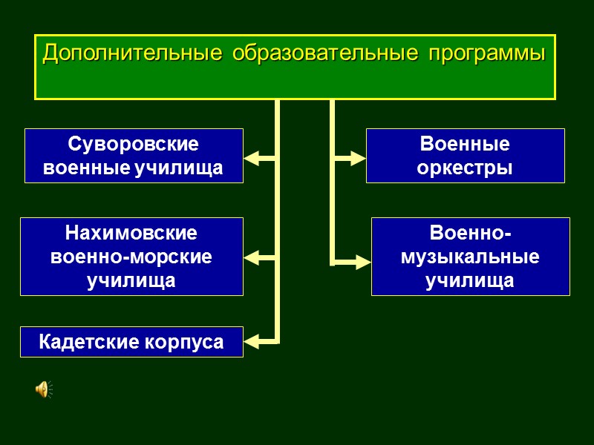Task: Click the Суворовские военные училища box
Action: coord(134,156)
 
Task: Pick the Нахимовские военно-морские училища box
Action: coord(131,257)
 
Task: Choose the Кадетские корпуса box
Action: coord(131,342)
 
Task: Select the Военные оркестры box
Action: coord(465,156)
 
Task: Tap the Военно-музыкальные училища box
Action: coord(470,257)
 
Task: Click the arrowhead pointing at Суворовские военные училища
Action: coord(252,158)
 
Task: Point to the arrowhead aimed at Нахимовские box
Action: coord(252,258)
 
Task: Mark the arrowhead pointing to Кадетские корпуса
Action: coord(252,342)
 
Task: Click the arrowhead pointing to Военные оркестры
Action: coord(358,158)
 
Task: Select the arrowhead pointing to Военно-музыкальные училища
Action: coord(362,262)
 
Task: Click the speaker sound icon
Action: coord(44,389)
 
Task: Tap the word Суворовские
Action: coord(134,144)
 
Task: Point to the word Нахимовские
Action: coord(131,233)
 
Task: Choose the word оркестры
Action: coord(465,168)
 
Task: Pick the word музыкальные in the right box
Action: coord(470,257)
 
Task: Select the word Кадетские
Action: coord(89,342)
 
